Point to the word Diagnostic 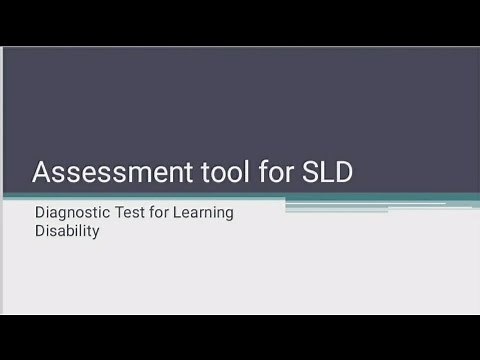[72, 212]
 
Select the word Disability [66, 230]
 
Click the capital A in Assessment [42, 173]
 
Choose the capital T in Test [119, 212]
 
